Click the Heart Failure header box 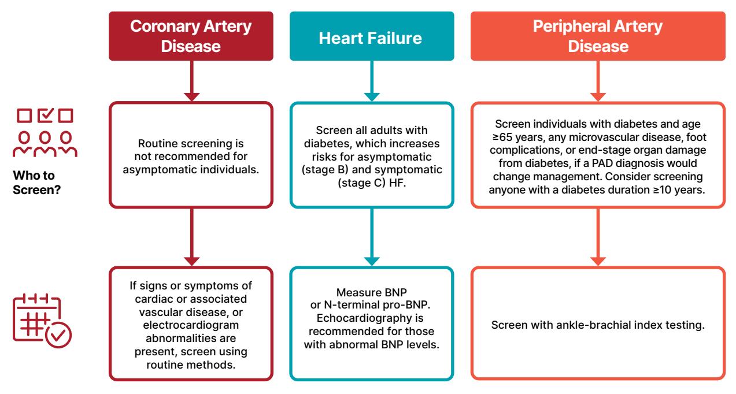(x=372, y=36)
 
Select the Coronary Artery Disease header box (x=191, y=36)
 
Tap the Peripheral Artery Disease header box (x=598, y=36)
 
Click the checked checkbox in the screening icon (x=45, y=115)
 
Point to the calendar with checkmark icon (x=42, y=321)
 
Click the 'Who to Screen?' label (x=37, y=183)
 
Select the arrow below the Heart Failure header (x=372, y=81)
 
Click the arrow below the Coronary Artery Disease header (x=191, y=81)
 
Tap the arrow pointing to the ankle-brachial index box (x=598, y=237)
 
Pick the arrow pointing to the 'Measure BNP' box (x=372, y=237)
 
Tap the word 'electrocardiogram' (x=191, y=325)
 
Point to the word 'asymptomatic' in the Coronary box (x=160, y=170)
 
